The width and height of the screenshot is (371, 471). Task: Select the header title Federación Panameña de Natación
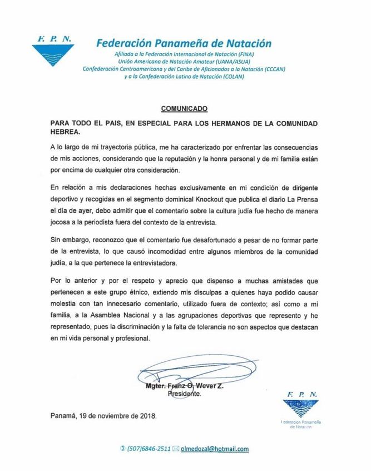coord(184,43)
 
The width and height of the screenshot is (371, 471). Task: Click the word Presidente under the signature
coord(185,393)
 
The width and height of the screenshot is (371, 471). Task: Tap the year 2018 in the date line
coord(147,415)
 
